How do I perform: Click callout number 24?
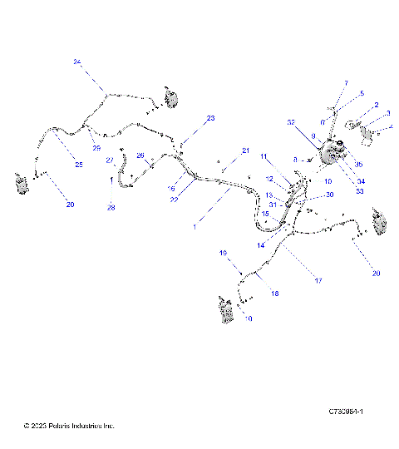pyautogui.click(x=77, y=62)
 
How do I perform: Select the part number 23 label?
pyautogui.click(x=210, y=119)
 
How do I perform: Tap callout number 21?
pyautogui.click(x=245, y=150)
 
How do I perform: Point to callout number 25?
pyautogui.click(x=79, y=165)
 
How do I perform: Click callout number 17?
pyautogui.click(x=318, y=280)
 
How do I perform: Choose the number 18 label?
pyautogui.click(x=274, y=294)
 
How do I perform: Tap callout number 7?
pyautogui.click(x=346, y=83)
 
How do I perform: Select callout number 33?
pyautogui.click(x=360, y=191)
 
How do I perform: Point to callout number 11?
pyautogui.click(x=264, y=156)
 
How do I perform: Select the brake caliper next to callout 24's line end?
pyautogui.click(x=173, y=98)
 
